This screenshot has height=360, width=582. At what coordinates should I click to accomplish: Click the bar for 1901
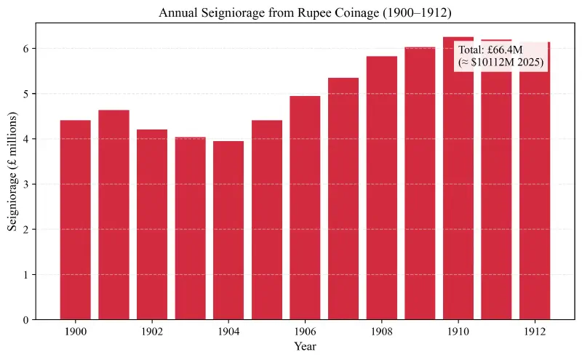pyautogui.click(x=113, y=215)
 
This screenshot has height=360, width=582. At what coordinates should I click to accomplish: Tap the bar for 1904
pyautogui.click(x=228, y=230)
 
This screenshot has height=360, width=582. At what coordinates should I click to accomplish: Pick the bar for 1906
pyautogui.click(x=305, y=207)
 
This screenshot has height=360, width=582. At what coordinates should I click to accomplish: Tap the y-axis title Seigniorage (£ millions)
pyautogui.click(x=13, y=172)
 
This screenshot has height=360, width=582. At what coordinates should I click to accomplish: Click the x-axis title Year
pyautogui.click(x=305, y=347)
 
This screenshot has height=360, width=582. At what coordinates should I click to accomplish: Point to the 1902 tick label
pyautogui.click(x=152, y=331)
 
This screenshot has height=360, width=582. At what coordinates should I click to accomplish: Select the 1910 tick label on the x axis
pyautogui.click(x=458, y=331)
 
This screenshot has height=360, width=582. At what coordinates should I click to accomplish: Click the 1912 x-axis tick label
pyautogui.click(x=534, y=331)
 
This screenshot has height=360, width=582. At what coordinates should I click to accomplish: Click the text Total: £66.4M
pyautogui.click(x=490, y=50)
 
